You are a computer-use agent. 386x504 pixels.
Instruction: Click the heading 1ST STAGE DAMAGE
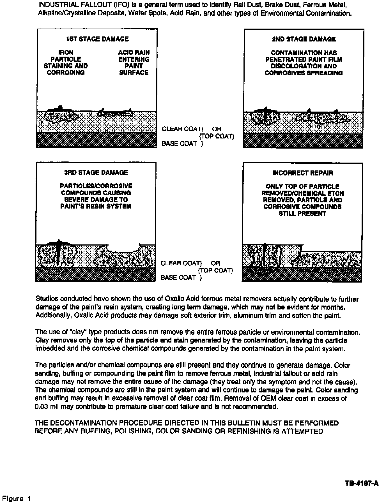(97, 39)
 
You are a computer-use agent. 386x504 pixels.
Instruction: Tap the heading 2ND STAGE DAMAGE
(304, 39)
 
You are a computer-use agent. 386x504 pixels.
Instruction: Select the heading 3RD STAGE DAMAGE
(96, 172)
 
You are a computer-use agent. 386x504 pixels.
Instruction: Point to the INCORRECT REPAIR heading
(303, 173)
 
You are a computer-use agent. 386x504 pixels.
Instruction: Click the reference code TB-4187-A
(362, 483)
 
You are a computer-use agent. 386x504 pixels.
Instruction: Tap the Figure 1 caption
(17, 498)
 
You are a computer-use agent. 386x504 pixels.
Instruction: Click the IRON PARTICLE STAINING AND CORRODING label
(66, 63)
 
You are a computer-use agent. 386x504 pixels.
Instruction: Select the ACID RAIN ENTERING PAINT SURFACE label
(134, 63)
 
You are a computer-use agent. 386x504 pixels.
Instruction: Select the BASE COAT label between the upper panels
(179, 143)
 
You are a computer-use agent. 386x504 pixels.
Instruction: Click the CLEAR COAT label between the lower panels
(181, 263)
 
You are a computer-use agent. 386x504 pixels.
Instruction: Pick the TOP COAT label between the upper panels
(216, 136)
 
